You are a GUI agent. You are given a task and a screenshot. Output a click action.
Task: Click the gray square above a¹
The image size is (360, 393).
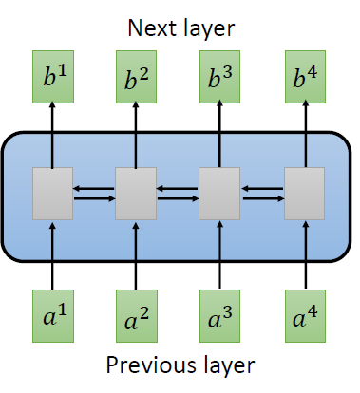[53, 194]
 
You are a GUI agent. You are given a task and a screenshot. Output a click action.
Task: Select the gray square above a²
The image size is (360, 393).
[136, 194]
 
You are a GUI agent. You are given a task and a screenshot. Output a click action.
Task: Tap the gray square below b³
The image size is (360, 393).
[219, 194]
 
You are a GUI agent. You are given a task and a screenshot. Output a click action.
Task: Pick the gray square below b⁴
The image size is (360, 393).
[305, 194]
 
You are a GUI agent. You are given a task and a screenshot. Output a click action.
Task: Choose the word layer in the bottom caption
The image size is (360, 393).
[222, 366]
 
